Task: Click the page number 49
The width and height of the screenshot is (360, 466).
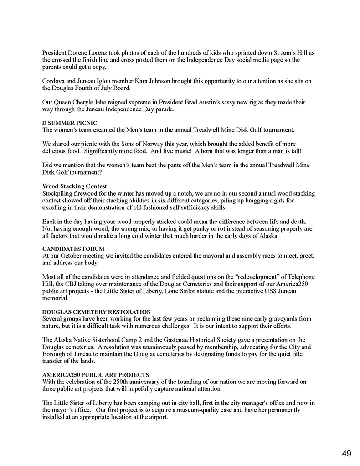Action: point(346,453)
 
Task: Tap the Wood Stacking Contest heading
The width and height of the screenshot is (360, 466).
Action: point(75,186)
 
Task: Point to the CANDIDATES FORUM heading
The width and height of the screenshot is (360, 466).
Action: point(73,249)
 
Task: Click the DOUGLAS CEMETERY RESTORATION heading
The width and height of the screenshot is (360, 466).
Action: point(96,311)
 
